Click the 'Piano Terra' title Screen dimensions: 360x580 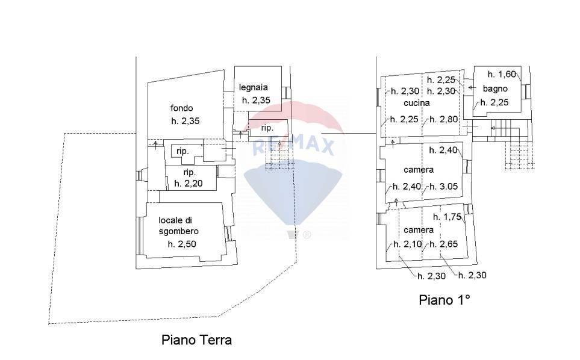click(x=196, y=340)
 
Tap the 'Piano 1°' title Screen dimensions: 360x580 click(x=444, y=300)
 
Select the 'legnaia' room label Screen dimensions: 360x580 click(x=253, y=87)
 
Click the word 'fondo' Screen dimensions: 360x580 click(x=181, y=108)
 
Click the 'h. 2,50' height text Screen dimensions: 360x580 click(x=182, y=244)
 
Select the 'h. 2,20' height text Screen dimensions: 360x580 click(x=188, y=183)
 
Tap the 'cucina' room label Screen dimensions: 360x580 click(x=416, y=103)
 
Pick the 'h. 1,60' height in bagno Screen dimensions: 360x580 click(x=502, y=75)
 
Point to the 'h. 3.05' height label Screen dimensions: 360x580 click(x=444, y=187)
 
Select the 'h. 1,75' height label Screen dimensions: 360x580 click(x=449, y=217)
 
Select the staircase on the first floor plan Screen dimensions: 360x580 click(x=518, y=147)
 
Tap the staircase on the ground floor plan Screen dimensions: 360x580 click(x=279, y=158)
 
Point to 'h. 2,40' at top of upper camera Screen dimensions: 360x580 click(x=444, y=151)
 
